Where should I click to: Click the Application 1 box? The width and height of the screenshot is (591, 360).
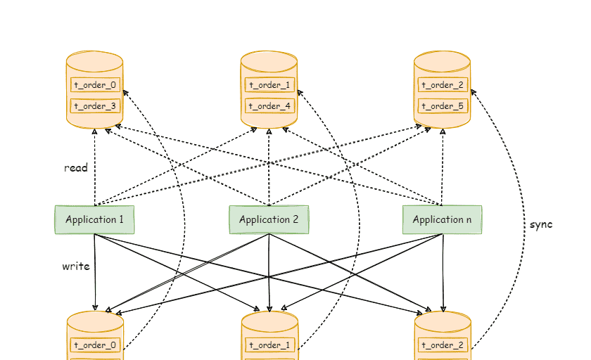[x=94, y=219]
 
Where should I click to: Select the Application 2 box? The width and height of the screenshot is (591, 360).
[x=269, y=219]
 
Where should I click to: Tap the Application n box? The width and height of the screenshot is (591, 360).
[x=442, y=219]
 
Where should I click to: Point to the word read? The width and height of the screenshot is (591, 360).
[x=76, y=168]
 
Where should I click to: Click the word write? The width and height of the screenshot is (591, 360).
[x=76, y=266]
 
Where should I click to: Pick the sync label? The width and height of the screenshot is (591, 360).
[x=542, y=224]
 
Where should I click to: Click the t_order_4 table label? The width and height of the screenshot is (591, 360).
[x=269, y=106]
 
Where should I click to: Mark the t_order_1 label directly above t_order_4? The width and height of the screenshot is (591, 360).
[x=269, y=85]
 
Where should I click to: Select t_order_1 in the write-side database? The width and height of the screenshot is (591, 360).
[x=269, y=345]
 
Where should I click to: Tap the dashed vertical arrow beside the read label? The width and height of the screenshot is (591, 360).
[x=95, y=169]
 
